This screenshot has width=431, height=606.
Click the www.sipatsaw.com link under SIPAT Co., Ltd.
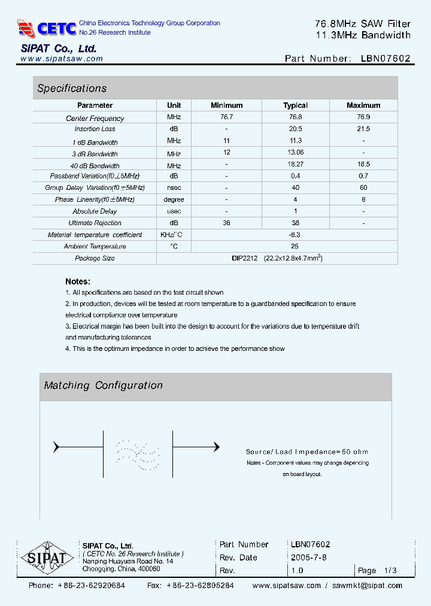[62, 59]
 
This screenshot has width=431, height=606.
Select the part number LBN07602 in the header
[386, 59]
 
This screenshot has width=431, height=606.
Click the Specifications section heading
[72, 89]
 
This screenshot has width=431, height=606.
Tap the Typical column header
[295, 105]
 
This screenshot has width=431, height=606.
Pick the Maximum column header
[363, 105]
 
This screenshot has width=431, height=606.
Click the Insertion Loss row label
[95, 129]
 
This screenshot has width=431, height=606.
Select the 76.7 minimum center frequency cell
[227, 118]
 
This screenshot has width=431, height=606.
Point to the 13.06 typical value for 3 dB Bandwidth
[295, 153]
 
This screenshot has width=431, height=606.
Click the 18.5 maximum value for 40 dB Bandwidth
[363, 163]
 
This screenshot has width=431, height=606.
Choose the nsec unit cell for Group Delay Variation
[174, 187]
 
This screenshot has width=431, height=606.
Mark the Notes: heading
[78, 281]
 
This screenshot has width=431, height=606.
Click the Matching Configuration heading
[104, 386]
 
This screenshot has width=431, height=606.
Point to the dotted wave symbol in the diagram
[138, 454]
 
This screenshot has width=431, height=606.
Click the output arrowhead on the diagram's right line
[216, 447]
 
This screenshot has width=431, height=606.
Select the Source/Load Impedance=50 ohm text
[306, 452]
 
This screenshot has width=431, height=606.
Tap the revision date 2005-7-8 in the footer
[308, 557]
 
